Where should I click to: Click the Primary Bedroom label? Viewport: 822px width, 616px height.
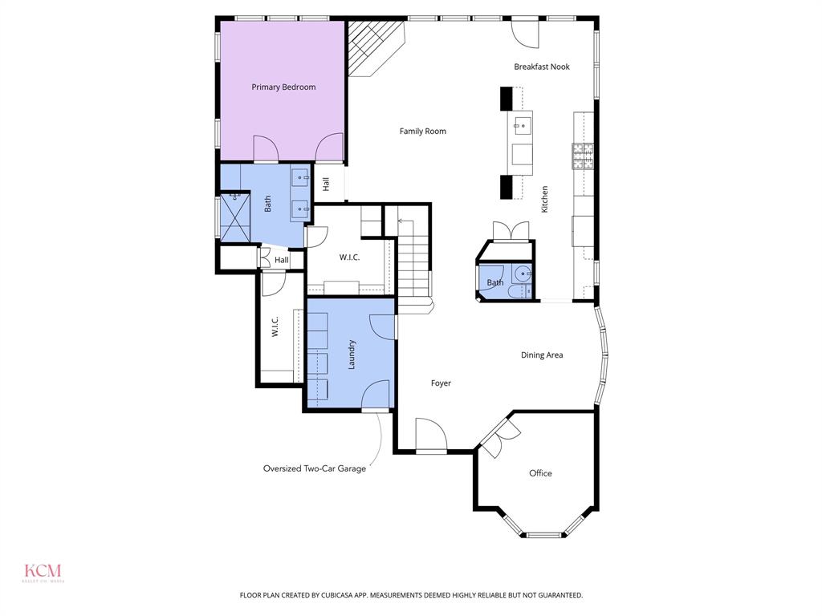[283, 87]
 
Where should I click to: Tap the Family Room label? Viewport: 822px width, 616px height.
[423, 131]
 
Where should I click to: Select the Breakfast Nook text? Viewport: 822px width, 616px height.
[542, 67]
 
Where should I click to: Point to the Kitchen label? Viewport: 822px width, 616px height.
[544, 199]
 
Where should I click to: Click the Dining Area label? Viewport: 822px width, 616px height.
[542, 355]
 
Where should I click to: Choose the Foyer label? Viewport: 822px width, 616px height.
[441, 383]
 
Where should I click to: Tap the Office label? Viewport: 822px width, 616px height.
[540, 473]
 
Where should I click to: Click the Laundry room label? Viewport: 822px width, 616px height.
[351, 354]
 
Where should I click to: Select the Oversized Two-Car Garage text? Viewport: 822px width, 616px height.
[315, 468]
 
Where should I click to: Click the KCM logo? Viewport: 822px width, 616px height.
[43, 572]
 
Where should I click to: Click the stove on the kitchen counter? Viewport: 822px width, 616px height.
[582, 156]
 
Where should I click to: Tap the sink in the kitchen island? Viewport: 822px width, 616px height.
[522, 124]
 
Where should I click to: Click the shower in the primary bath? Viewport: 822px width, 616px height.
[236, 217]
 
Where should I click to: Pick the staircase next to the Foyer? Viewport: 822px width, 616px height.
[413, 257]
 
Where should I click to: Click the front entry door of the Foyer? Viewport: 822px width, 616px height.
[431, 437]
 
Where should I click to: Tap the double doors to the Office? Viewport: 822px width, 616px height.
[498, 437]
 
